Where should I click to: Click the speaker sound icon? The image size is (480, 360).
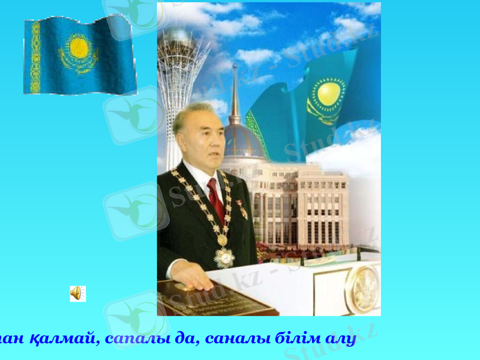pyautogui.click(x=77, y=293)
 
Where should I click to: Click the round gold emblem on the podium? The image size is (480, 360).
pyautogui.click(x=362, y=289)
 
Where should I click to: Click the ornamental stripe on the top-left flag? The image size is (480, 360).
pyautogui.click(x=35, y=58)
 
